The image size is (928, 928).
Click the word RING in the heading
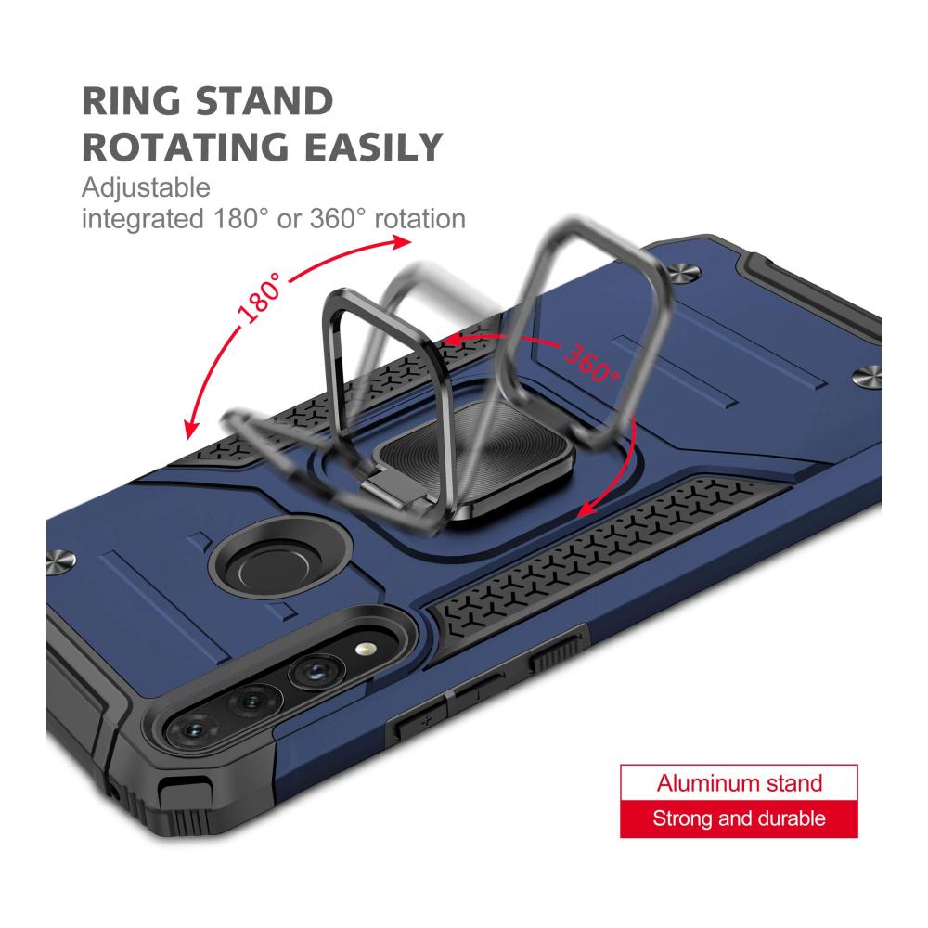coord(131,101)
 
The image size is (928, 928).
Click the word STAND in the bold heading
coord(264,101)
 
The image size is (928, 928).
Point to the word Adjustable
coord(147,188)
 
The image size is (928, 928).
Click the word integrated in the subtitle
coord(143,220)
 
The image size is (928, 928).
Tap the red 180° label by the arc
coord(261,298)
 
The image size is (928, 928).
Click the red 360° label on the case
coord(591,362)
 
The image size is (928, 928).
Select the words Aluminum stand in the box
coord(740,783)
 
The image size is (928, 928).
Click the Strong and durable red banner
coord(740,819)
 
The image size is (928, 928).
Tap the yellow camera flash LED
coord(365,650)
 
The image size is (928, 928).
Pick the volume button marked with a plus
coord(420,721)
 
